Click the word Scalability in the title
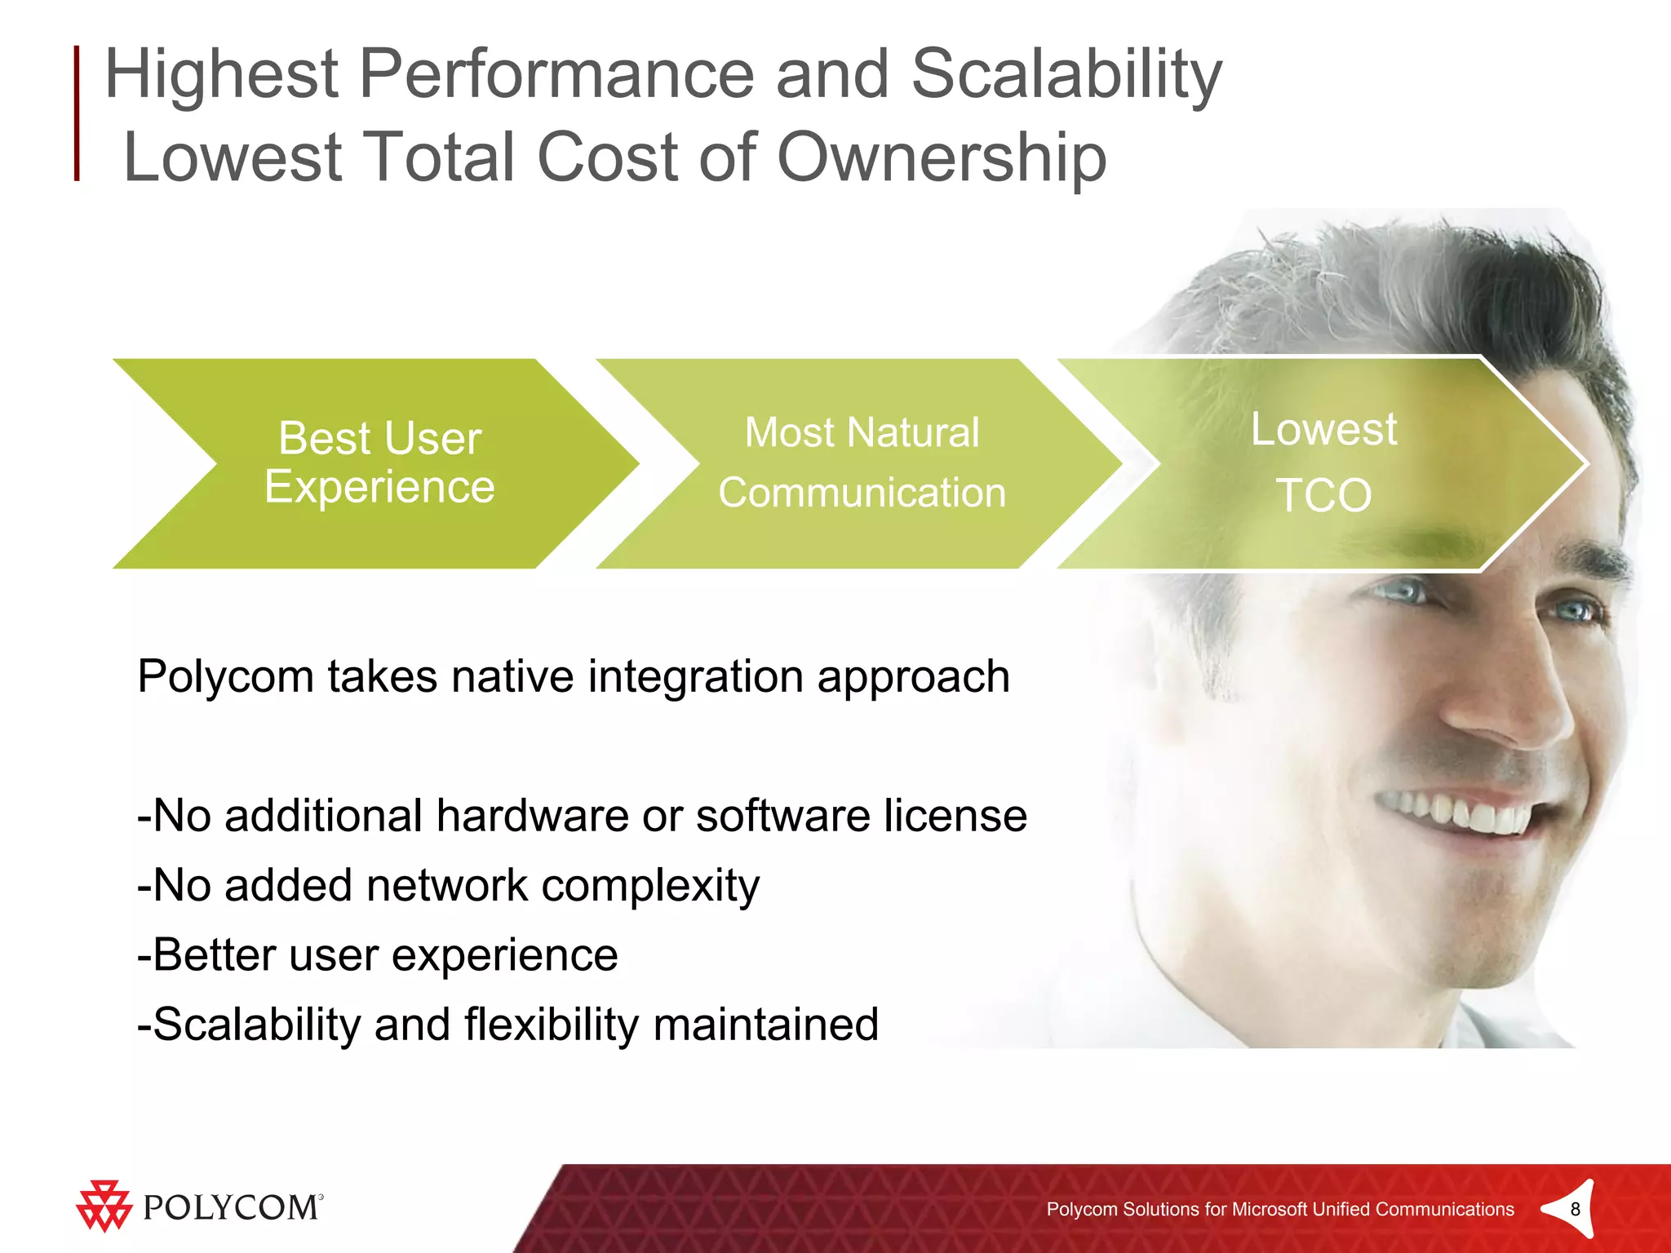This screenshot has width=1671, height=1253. tap(1066, 75)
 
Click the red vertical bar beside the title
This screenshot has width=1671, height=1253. tap(77, 113)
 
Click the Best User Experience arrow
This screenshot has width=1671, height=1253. tap(379, 463)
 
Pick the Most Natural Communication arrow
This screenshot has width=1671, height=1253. tap(862, 463)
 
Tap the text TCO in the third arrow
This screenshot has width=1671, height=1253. tap(1323, 495)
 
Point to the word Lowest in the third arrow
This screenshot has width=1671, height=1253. tap(1323, 429)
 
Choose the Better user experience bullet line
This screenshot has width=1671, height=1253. tap(378, 955)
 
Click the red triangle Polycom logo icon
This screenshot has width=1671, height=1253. tap(104, 1206)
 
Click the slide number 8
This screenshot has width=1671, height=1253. tap(1575, 1209)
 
